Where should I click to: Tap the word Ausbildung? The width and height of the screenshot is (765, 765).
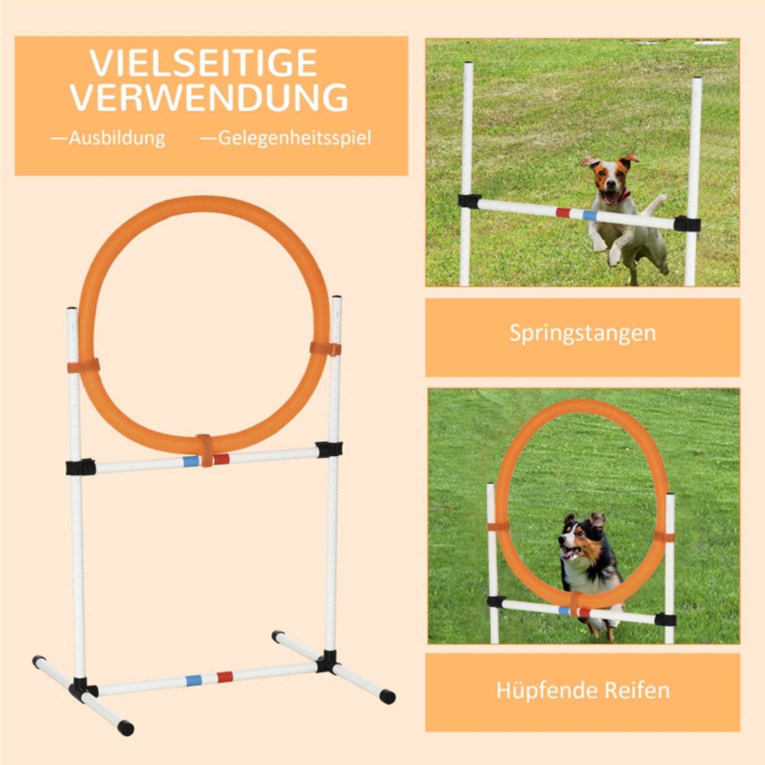pos(116,138)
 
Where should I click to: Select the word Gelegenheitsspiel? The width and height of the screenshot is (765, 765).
pos(294,138)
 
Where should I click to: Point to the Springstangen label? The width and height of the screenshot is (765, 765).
pos(582,334)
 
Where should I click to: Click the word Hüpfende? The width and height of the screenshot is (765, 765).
pos(547,690)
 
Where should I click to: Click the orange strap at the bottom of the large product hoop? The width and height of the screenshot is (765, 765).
pos(205,450)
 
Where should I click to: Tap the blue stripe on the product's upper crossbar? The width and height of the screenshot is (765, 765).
pos(190,461)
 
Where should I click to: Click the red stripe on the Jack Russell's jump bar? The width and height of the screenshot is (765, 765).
pos(562,212)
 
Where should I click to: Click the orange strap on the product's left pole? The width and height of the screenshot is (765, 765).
pos(83,366)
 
